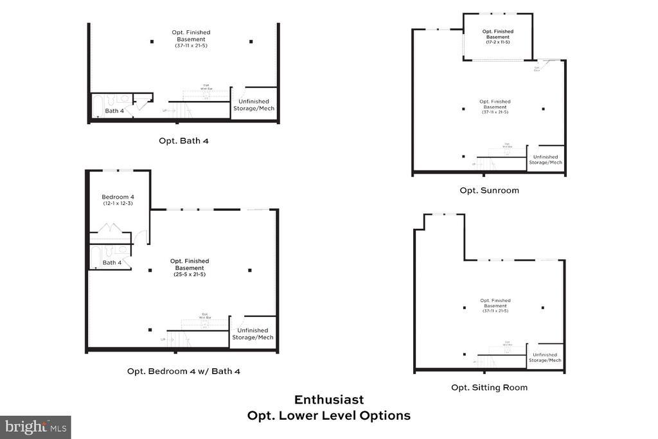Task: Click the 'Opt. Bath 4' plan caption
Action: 184,140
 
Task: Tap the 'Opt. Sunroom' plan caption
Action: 489,190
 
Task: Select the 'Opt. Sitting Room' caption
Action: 489,387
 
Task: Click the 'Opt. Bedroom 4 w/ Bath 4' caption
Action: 184,371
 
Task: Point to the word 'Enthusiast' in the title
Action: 329,400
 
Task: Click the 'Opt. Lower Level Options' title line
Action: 329,415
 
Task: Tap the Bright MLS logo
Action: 35,427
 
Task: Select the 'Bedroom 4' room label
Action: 118,197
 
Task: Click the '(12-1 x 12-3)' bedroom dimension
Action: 118,204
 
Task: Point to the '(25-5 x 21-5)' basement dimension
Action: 190,274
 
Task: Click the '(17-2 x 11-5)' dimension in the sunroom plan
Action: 497,42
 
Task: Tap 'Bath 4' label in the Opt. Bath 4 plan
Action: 115,111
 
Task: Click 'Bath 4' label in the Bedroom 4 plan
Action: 112,262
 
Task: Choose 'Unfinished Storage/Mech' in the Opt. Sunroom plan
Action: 546,159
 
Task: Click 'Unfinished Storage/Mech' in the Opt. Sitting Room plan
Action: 546,357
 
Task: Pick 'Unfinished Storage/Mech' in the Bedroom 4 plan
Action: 253,334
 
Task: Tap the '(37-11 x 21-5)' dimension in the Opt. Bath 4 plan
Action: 191,46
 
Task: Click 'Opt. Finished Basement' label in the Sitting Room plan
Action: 495,303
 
